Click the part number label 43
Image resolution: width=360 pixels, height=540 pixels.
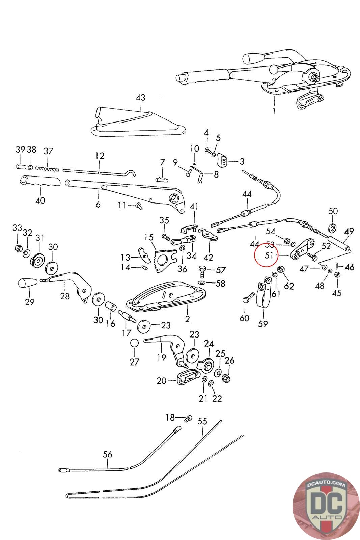(141, 98)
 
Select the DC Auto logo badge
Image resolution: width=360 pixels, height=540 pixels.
(326, 506)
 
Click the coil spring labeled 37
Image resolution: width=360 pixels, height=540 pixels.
(47, 168)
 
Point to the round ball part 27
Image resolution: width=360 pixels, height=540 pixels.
(135, 343)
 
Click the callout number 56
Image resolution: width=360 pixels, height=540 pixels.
(108, 454)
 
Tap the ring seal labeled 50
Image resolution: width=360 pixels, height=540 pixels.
(333, 228)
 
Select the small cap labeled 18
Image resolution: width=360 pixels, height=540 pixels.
(188, 419)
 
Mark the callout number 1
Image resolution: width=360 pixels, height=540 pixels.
(274, 111)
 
